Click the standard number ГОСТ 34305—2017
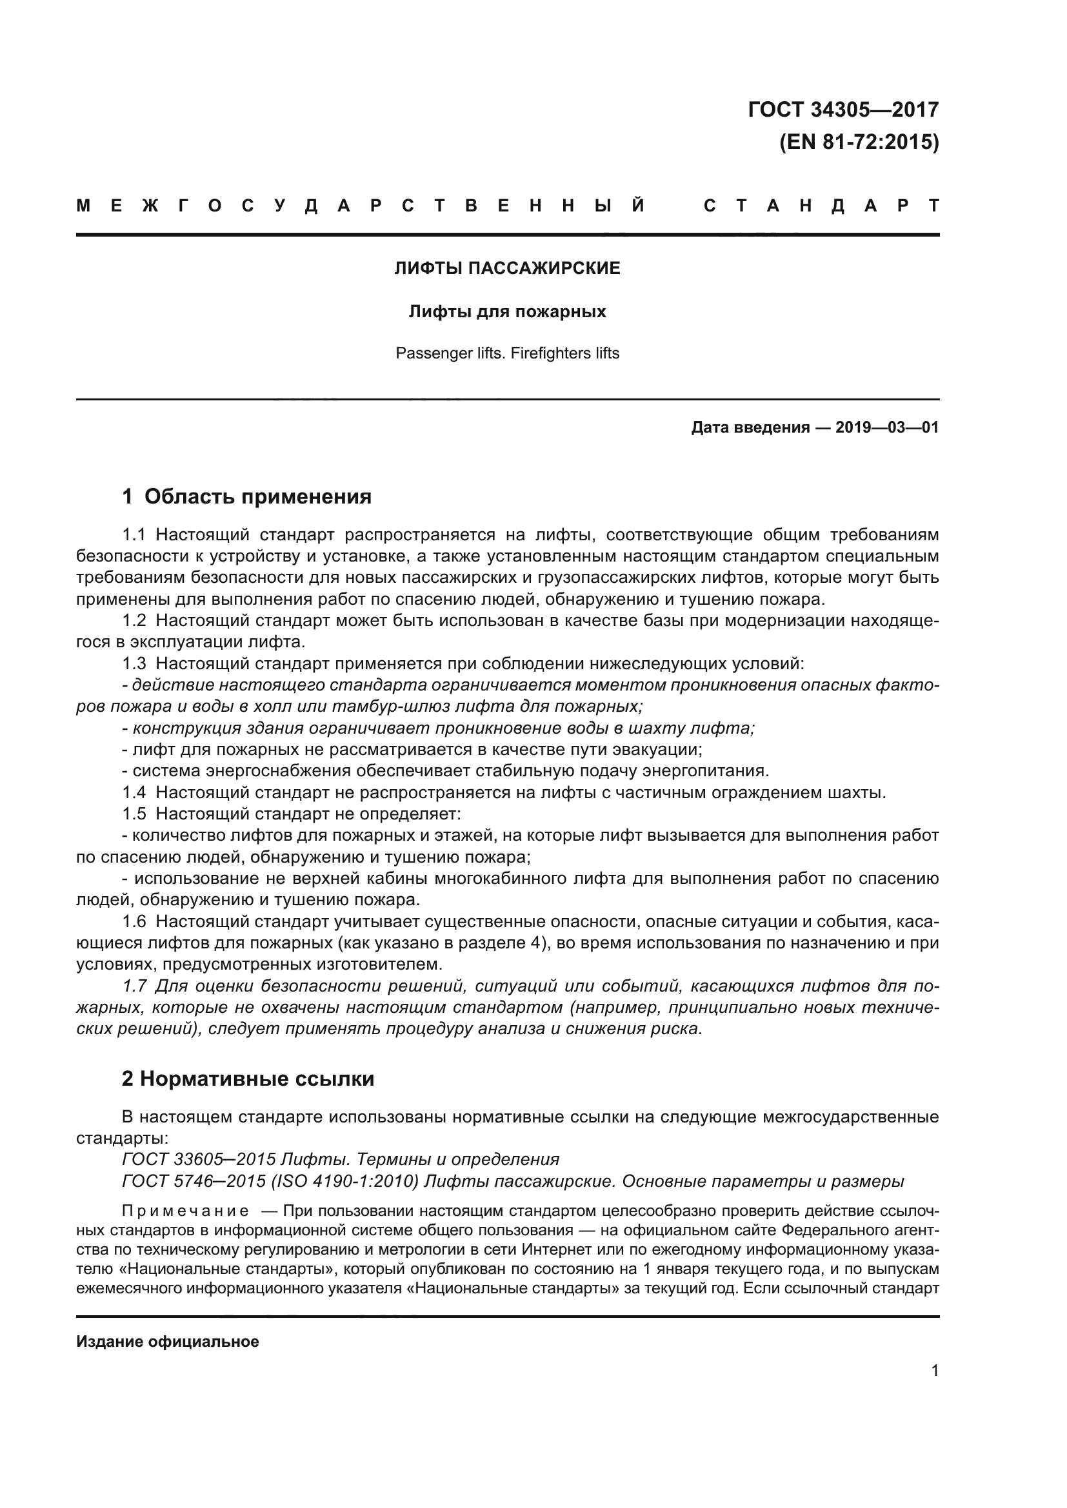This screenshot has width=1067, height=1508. (x=843, y=110)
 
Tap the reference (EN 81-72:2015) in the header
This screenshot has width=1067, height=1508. (x=859, y=142)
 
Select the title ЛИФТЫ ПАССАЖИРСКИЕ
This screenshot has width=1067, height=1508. (x=506, y=268)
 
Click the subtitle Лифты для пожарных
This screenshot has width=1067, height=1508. (x=506, y=311)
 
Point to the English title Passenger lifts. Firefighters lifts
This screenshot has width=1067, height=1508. (x=506, y=353)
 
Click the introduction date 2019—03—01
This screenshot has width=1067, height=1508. (x=886, y=427)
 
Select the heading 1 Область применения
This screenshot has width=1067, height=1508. (x=246, y=496)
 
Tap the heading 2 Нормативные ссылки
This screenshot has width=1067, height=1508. (x=248, y=1079)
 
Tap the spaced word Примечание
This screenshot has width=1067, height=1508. (x=184, y=1211)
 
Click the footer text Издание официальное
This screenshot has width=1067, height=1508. (x=168, y=1342)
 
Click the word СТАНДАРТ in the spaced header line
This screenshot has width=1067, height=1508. (x=821, y=206)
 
